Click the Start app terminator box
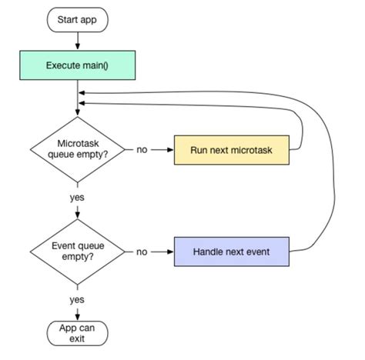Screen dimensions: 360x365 click(78, 18)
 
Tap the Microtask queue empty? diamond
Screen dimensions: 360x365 click(78, 149)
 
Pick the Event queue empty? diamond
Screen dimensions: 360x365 click(78, 252)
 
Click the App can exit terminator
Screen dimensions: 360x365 click(78, 333)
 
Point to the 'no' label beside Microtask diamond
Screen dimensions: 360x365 click(142, 149)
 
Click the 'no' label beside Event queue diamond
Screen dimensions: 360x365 click(142, 252)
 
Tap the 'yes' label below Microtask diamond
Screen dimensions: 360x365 click(78, 197)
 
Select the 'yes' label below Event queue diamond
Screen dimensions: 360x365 click(78, 298)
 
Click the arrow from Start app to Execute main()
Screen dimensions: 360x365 click(78, 41)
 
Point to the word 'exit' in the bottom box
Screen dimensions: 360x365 click(78, 338)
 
